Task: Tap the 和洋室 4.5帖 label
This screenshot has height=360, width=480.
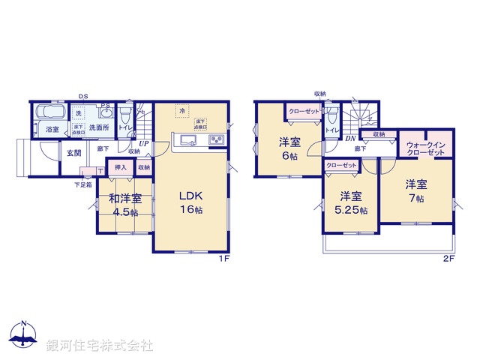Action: coord(124,205)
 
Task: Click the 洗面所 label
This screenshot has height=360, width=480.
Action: coord(98,128)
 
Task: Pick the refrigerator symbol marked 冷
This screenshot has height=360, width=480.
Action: coord(182,110)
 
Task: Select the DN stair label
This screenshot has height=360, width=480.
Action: coord(350,137)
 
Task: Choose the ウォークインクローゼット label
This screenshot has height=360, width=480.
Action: coord(427,148)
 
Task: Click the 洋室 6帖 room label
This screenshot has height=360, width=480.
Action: coord(290,147)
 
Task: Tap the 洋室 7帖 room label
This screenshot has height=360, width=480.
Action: coord(417,190)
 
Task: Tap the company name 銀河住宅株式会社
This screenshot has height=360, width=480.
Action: coord(99,346)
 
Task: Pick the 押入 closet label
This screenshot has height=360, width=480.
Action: coord(120,169)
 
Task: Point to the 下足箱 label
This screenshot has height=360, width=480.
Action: coord(82,184)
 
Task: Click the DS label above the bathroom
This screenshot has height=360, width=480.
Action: coord(83,96)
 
